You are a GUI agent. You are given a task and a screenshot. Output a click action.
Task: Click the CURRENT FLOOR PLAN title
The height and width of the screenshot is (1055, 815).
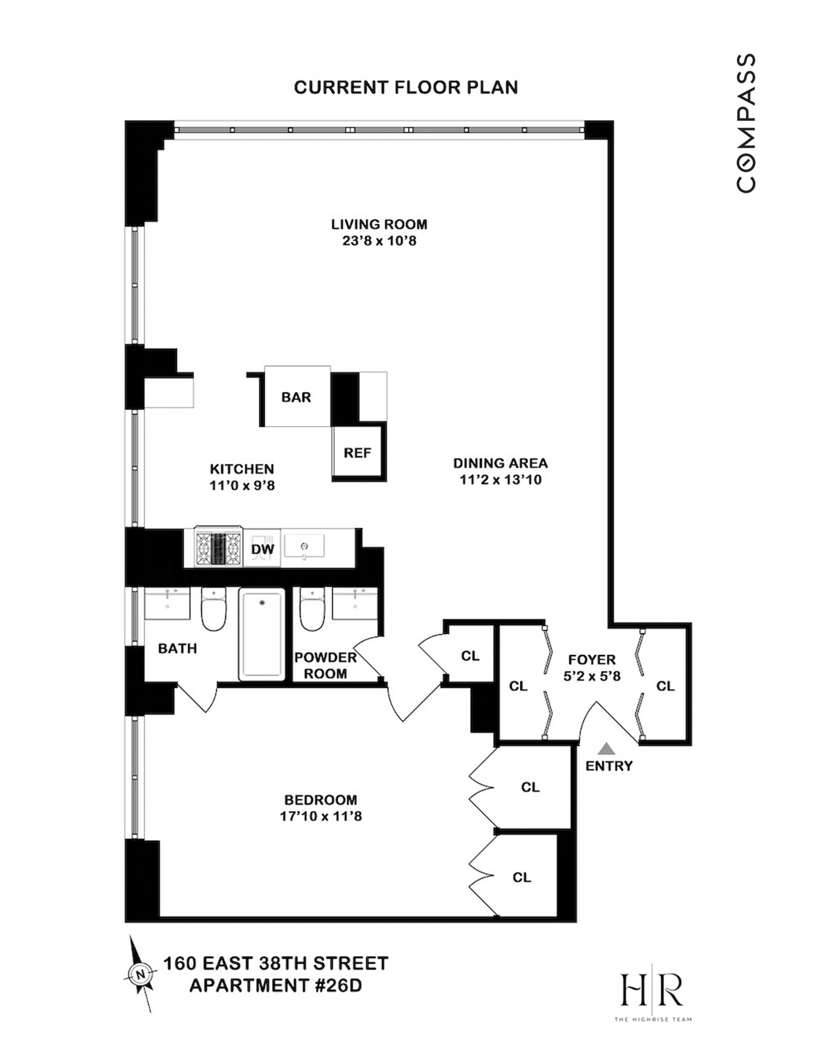(405, 87)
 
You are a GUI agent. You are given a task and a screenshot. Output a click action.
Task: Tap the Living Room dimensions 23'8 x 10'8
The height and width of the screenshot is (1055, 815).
(379, 241)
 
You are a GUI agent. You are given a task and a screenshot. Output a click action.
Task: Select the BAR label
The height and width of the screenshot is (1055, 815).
(296, 397)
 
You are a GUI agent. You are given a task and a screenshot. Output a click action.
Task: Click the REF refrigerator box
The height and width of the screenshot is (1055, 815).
(357, 453)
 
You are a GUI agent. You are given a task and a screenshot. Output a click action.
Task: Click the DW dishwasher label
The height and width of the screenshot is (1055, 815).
(262, 549)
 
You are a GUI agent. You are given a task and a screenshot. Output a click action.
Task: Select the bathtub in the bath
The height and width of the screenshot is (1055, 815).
(262, 634)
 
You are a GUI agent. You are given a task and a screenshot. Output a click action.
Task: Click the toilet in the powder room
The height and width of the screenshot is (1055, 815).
(312, 609)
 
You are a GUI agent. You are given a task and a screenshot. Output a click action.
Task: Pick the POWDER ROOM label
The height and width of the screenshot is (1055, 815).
(325, 665)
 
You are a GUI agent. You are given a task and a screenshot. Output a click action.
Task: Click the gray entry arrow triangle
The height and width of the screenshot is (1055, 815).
(606, 748)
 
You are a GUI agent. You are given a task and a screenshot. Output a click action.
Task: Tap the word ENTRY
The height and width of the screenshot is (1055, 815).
(608, 766)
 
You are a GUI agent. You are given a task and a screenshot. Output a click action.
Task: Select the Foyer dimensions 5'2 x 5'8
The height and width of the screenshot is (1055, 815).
(592, 676)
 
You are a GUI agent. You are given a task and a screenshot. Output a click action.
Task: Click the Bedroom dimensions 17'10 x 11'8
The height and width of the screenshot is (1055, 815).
(321, 816)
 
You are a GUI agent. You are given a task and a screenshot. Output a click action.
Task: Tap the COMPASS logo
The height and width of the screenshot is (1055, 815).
(746, 123)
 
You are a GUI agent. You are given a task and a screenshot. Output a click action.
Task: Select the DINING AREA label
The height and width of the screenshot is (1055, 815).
(500, 463)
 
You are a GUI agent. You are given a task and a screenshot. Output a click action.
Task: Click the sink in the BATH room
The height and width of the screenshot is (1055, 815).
(167, 604)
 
